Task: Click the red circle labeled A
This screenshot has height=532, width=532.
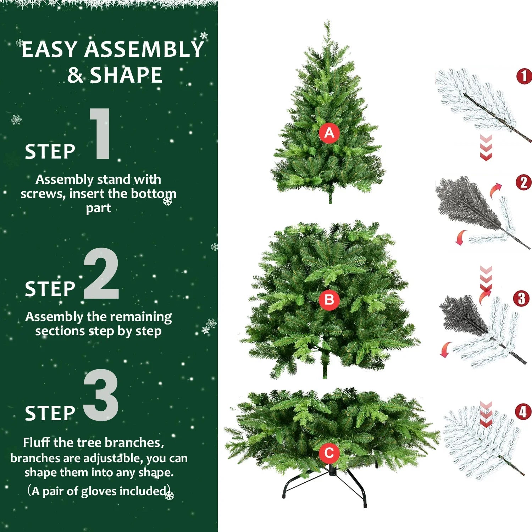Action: point(329,133)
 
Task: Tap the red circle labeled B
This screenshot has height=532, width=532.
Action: point(329,300)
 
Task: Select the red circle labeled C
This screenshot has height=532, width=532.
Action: point(329,453)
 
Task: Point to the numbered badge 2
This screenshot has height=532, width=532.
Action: point(523,183)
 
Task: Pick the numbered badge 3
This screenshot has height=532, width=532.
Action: point(521,299)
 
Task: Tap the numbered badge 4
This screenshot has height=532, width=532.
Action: point(523,412)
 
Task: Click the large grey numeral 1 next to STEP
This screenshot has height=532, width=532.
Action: point(101,134)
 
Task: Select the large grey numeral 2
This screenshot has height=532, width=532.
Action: point(101,274)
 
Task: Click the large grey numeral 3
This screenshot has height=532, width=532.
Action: point(101,395)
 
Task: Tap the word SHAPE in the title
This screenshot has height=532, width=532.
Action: point(126,75)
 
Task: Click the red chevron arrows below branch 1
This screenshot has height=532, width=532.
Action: point(486,148)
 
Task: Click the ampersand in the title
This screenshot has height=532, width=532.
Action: point(75,75)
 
